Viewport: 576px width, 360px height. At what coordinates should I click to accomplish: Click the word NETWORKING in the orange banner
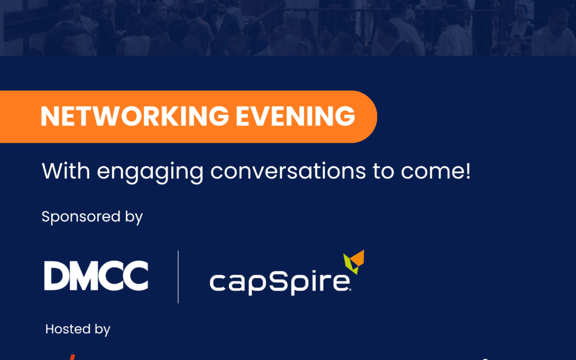tap(135, 116)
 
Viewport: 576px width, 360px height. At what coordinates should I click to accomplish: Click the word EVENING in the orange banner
tap(295, 116)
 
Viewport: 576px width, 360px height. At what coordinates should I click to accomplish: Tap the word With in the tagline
tap(66, 171)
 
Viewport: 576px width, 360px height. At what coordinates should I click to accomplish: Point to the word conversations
tap(288, 171)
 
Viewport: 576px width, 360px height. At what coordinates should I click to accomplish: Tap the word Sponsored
tap(81, 217)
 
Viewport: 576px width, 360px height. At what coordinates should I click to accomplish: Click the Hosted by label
tap(77, 329)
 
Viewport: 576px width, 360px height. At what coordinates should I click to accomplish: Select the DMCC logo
tap(96, 276)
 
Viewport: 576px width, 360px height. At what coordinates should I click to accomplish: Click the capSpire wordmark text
tap(280, 282)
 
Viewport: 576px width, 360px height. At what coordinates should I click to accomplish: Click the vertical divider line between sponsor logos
tap(178, 277)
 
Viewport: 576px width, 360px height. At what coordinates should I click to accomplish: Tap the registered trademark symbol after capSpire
tap(350, 290)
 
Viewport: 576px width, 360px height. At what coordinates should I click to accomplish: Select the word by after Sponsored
tap(134, 217)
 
